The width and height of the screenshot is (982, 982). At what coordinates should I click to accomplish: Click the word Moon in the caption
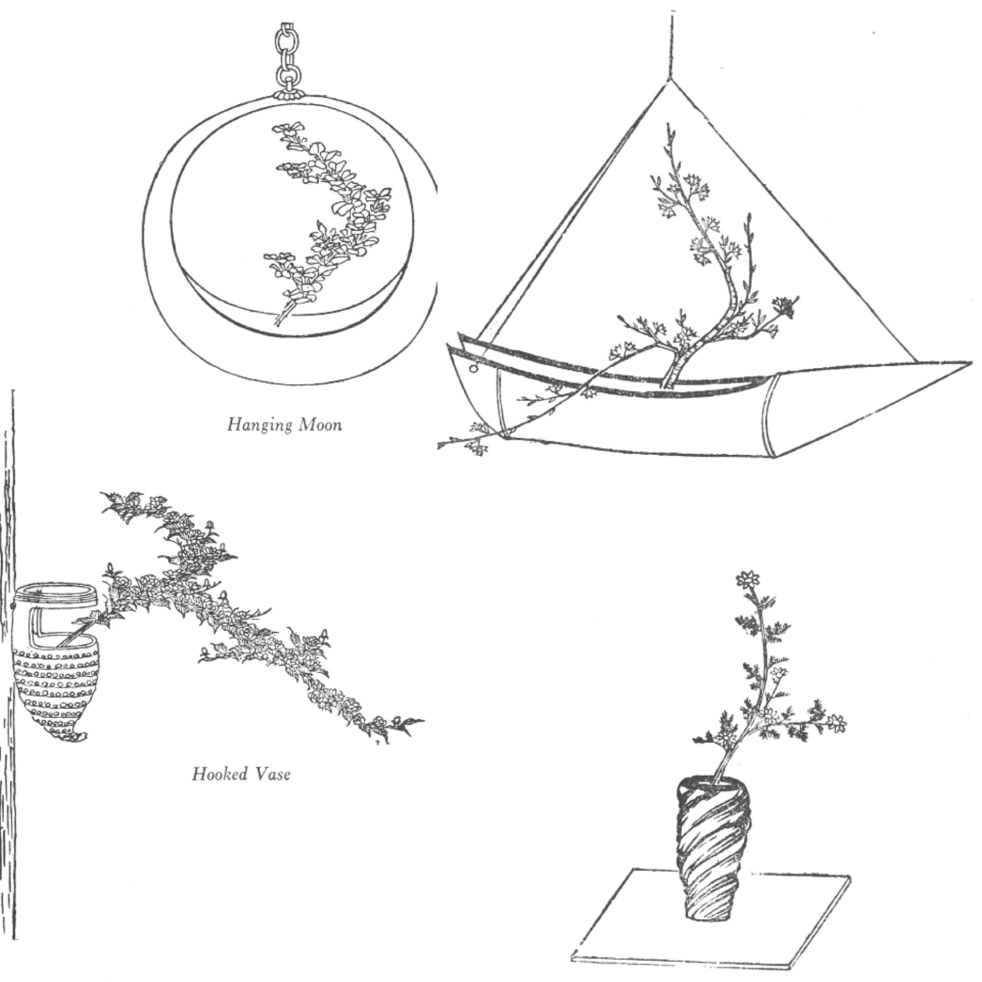click(321, 424)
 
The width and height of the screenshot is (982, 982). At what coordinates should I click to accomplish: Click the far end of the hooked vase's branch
click(417, 720)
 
